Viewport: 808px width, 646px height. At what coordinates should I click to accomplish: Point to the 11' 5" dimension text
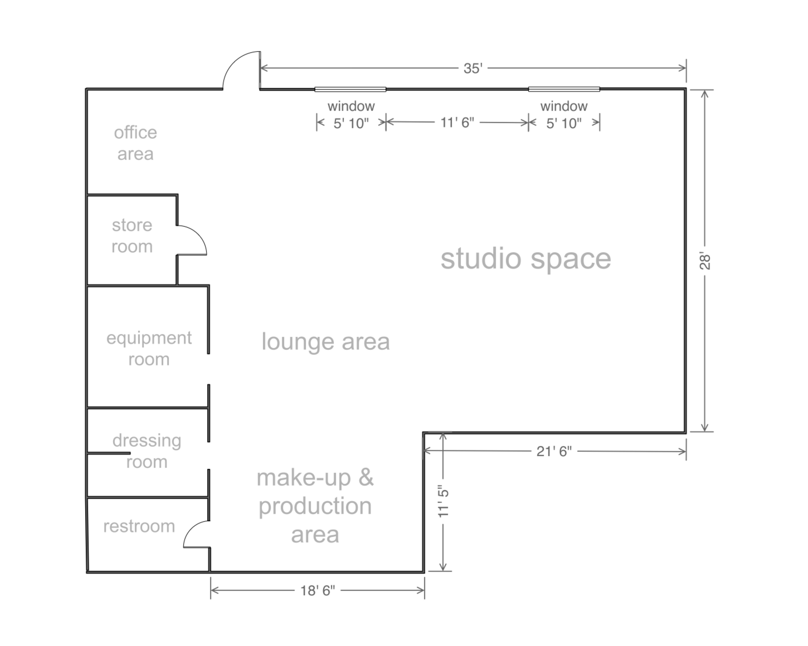(x=443, y=502)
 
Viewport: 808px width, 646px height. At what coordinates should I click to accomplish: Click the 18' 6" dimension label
(x=318, y=590)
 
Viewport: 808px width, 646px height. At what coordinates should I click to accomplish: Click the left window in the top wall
(x=350, y=89)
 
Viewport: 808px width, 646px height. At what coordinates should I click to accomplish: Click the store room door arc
(x=197, y=236)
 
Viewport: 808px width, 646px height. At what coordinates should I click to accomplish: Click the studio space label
(x=525, y=259)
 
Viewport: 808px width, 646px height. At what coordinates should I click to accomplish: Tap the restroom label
(x=139, y=526)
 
